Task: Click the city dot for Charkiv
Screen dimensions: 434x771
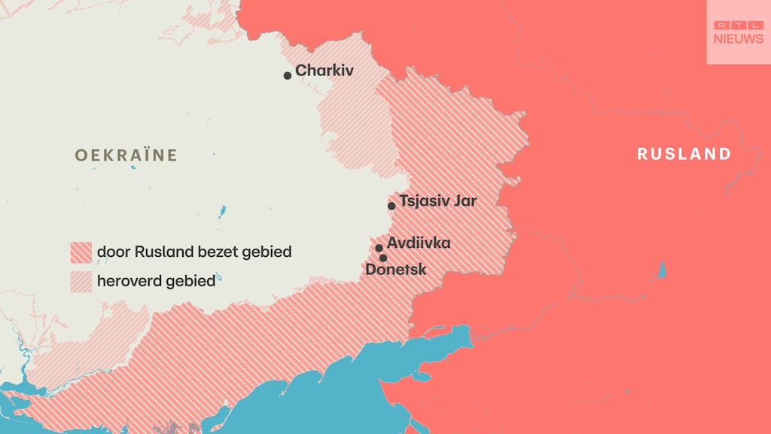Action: (288, 75)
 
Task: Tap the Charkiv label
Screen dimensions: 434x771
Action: (325, 71)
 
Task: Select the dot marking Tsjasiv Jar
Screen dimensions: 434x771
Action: (392, 206)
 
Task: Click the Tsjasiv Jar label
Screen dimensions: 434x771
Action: (437, 201)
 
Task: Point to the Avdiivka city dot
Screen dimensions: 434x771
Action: (379, 248)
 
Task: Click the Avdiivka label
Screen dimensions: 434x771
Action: (419, 243)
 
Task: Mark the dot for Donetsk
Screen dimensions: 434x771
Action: (383, 258)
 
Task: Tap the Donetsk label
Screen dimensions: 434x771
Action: (396, 270)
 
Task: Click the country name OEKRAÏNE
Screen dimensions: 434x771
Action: (126, 155)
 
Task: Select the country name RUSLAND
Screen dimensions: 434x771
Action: (684, 154)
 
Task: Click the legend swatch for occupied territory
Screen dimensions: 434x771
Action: (81, 252)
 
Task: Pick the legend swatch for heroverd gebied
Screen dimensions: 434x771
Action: (81, 282)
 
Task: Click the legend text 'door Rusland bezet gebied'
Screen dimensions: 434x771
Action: (194, 252)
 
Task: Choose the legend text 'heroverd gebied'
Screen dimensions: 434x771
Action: (156, 282)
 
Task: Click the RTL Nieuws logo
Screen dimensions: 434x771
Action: (738, 32)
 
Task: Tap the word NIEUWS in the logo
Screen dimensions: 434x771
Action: (738, 38)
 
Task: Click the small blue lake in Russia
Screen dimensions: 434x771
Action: (663, 270)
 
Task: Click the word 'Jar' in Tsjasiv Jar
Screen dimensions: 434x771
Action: (465, 201)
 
